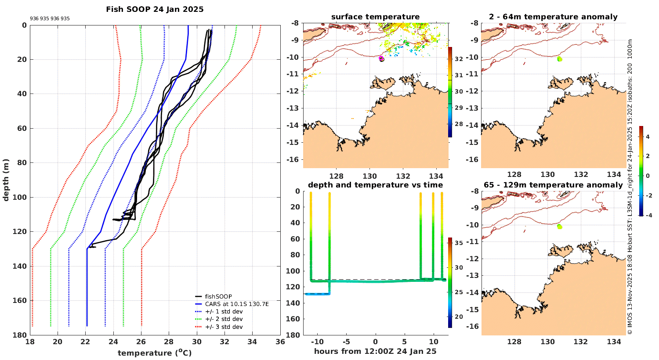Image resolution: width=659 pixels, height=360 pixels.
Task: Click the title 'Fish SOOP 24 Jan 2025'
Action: (x=155, y=9)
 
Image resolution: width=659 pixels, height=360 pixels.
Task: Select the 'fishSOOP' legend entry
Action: (x=218, y=296)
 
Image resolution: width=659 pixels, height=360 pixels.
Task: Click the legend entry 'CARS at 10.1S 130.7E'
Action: (x=237, y=304)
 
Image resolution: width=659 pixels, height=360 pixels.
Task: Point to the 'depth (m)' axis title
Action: (x=6, y=180)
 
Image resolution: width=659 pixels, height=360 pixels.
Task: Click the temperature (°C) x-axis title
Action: (x=155, y=353)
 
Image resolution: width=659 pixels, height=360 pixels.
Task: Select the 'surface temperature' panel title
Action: (x=375, y=17)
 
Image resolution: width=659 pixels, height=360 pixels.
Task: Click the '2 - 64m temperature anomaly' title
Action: (x=553, y=17)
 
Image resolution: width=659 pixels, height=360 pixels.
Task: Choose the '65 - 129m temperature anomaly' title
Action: (x=553, y=185)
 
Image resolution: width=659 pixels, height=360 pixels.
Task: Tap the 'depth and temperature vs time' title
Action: (x=375, y=185)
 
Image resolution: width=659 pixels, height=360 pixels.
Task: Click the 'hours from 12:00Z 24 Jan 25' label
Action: (x=375, y=351)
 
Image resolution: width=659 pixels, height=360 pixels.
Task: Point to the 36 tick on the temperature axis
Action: (x=280, y=342)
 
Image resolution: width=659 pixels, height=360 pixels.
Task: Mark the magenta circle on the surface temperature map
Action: (x=381, y=58)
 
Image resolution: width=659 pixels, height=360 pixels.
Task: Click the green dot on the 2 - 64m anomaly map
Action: (x=559, y=59)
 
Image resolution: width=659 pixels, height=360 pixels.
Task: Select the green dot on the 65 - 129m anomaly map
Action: (x=559, y=227)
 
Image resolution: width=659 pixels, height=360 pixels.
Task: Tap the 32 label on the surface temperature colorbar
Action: (x=459, y=59)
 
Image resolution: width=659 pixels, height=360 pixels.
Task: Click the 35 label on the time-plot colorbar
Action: (x=459, y=243)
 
